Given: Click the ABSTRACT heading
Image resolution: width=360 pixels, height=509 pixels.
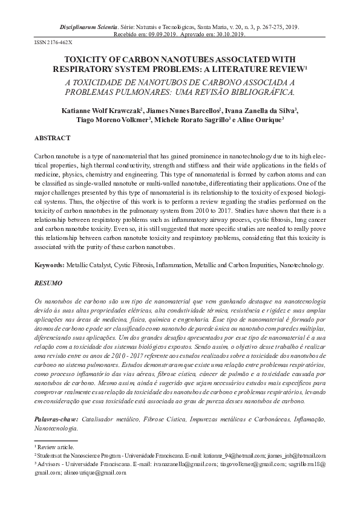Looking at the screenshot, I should (52, 138).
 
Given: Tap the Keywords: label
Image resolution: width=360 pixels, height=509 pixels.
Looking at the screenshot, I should (48, 265).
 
